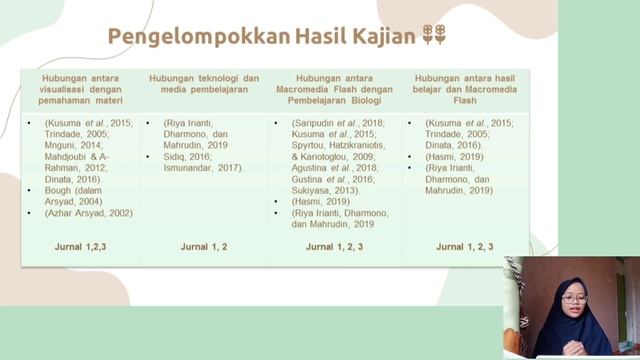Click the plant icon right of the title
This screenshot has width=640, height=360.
tap(432, 37)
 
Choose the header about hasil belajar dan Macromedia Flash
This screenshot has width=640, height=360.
tap(465, 88)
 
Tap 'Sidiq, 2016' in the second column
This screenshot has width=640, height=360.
tap(189, 156)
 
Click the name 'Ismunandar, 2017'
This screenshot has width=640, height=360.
tap(204, 167)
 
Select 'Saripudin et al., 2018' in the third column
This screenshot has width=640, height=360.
tap(330, 123)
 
